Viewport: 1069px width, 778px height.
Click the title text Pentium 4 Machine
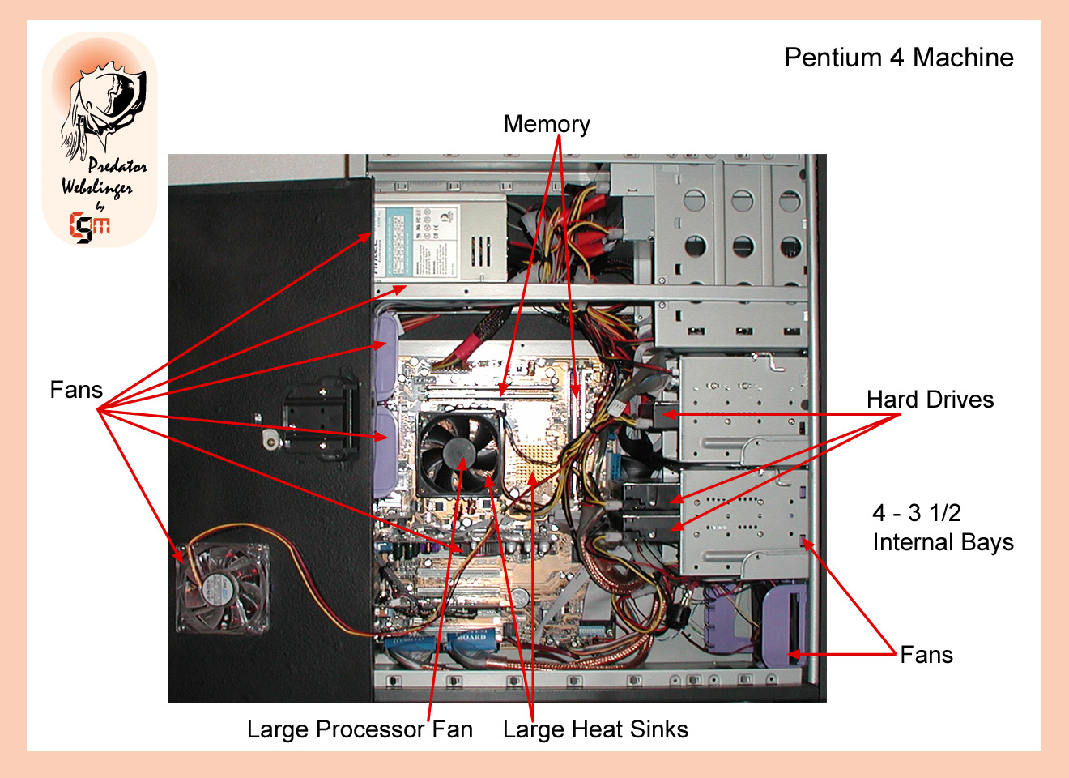[898, 58]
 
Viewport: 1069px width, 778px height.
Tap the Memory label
[547, 124]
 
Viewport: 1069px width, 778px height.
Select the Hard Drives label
[930, 400]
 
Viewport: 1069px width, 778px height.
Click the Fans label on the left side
[76, 390]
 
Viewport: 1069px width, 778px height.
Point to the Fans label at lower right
[926, 655]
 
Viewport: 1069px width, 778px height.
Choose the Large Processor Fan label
[360, 729]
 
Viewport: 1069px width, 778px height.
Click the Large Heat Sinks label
[595, 729]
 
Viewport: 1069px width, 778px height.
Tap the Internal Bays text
[943, 542]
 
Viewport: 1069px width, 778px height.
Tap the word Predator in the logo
[117, 166]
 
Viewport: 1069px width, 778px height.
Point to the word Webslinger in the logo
[97, 187]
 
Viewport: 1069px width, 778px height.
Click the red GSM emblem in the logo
[89, 226]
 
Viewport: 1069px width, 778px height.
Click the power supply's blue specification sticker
[400, 242]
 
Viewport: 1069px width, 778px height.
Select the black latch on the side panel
[320, 417]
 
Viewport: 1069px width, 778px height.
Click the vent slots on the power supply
[480, 252]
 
